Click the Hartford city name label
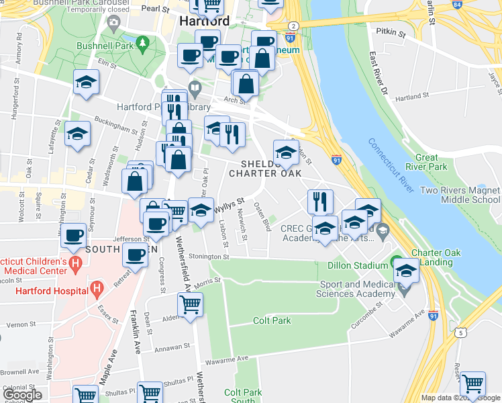(204, 21)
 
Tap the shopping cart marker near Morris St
(191, 304)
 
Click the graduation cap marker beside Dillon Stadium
(405, 270)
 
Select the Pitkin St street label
(391, 32)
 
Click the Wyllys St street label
(228, 208)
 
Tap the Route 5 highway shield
(460, 332)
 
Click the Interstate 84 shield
(457, 4)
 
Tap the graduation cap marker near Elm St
(85, 82)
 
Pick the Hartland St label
(407, 97)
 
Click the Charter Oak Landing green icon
(396, 262)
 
